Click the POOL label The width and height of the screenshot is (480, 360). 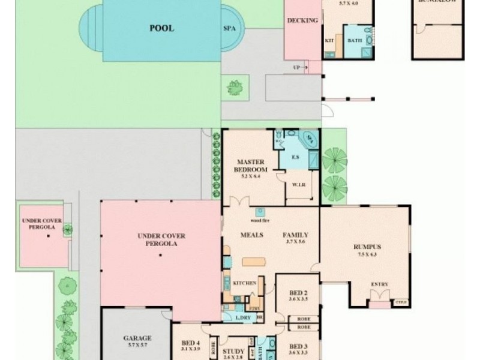click(x=162, y=28)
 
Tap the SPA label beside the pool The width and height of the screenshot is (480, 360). click(x=229, y=28)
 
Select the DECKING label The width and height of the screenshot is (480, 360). click(x=302, y=20)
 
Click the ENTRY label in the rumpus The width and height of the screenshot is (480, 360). click(x=380, y=284)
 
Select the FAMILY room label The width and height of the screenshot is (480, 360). click(x=295, y=235)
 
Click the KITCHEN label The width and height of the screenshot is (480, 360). click(x=244, y=283)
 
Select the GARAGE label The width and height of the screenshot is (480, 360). click(x=137, y=338)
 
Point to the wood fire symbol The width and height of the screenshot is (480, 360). click(x=260, y=212)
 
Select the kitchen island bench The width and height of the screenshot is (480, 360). click(x=254, y=262)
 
